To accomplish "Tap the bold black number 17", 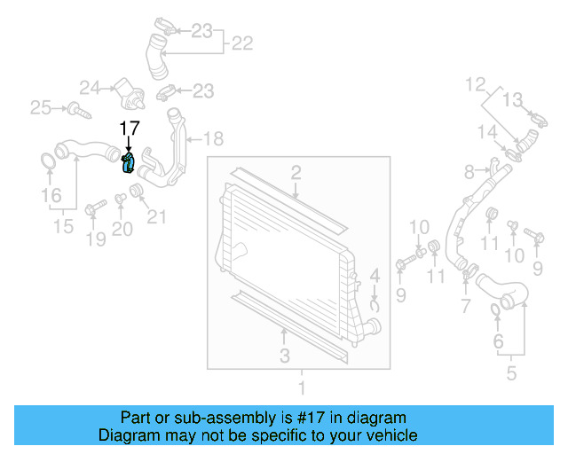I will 130,129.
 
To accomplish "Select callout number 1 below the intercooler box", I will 301,387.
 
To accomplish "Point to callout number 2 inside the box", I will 296,172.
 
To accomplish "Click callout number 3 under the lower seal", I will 284,356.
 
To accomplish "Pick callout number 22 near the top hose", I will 242,43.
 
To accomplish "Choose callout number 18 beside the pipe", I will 213,138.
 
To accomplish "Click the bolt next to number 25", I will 77,111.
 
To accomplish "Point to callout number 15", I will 62,227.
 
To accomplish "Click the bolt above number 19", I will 94,208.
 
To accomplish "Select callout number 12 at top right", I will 476,84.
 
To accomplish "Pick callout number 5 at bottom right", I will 511,373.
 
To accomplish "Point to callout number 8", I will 469,170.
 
